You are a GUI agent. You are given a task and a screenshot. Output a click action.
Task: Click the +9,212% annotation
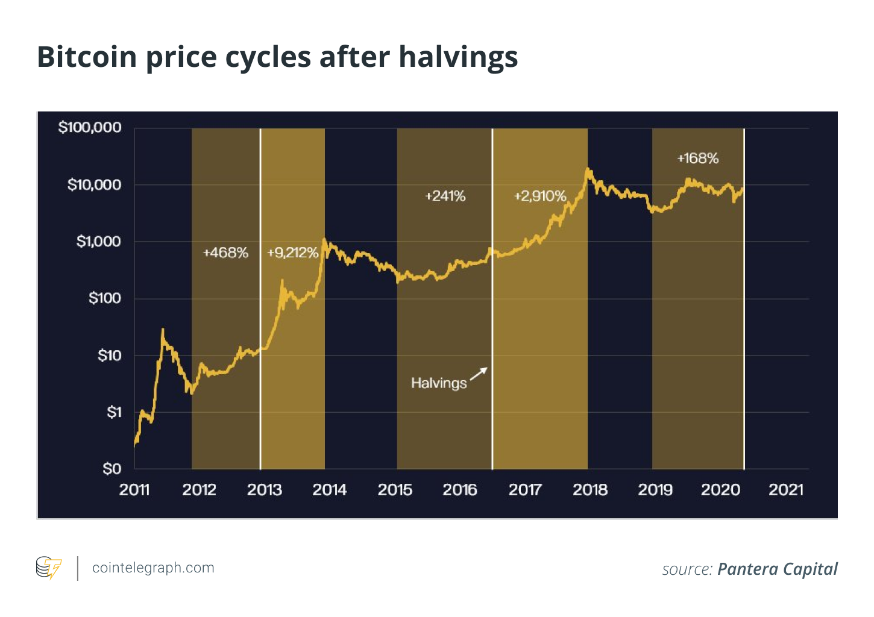click(x=292, y=252)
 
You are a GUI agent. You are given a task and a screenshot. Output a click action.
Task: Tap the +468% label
click(x=225, y=252)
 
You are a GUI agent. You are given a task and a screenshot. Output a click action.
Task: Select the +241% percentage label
click(x=445, y=196)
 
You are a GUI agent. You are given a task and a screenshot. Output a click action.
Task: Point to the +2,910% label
click(x=540, y=196)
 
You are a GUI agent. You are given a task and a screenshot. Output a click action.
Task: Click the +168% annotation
click(x=698, y=158)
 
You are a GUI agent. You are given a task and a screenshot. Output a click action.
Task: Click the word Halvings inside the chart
click(x=439, y=383)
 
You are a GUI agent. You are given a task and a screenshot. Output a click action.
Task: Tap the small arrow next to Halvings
click(x=479, y=373)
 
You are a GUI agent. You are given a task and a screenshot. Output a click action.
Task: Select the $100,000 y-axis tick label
click(x=90, y=128)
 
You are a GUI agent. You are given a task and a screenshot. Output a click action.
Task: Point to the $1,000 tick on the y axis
click(x=99, y=242)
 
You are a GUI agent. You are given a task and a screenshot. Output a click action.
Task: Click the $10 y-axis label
click(x=110, y=355)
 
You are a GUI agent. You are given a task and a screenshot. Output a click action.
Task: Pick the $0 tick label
click(x=112, y=469)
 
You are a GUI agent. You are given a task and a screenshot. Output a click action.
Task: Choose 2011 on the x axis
click(x=134, y=490)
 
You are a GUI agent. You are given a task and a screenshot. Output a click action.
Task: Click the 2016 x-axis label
click(x=460, y=490)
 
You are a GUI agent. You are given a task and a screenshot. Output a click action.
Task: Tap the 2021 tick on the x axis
click(x=786, y=490)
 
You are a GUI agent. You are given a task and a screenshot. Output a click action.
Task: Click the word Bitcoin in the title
click(x=87, y=57)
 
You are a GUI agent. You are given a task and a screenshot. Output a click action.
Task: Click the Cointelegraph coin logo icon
click(x=49, y=568)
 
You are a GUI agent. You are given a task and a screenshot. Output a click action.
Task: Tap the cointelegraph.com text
click(x=153, y=568)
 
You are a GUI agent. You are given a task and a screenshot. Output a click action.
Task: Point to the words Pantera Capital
click(x=778, y=569)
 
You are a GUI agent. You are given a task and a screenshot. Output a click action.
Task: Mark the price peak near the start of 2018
click(x=588, y=169)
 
